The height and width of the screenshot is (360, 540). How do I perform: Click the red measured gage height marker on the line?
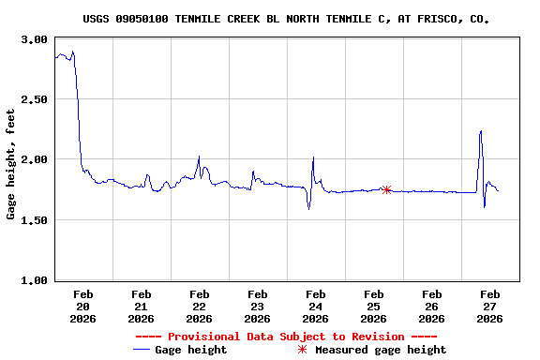386,189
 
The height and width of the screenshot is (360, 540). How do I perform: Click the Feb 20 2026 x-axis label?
82,307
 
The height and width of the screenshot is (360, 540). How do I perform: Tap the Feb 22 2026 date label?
199,307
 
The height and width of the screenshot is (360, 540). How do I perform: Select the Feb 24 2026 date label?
315,307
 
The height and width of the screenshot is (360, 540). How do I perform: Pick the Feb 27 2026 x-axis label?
489,307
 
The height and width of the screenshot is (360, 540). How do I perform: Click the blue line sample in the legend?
142,350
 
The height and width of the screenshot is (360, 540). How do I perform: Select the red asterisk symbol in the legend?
302,350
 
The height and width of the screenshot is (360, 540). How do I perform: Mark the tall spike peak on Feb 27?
481,131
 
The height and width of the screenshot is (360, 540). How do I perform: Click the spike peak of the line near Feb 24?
313,157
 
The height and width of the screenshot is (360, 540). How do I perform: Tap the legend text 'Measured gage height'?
381,350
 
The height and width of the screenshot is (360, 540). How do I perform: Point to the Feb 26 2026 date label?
431,307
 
